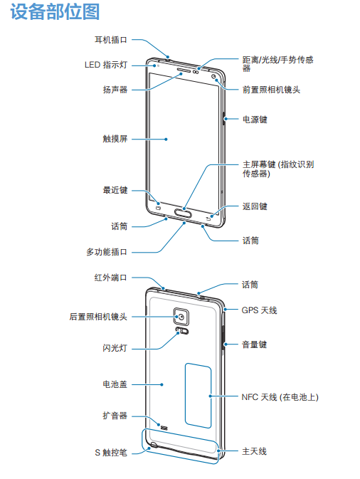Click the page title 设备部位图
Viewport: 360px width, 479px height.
55,12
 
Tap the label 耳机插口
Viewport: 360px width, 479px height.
110,40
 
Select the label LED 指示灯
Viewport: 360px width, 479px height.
105,65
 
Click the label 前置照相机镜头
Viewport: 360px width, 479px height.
271,90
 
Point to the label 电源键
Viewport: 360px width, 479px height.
255,119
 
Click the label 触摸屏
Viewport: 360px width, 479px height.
115,139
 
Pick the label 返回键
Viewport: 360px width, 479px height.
255,206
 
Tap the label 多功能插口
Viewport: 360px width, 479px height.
107,252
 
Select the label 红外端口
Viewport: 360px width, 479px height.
110,278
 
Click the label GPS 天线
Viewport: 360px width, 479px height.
259,310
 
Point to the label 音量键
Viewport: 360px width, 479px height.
255,344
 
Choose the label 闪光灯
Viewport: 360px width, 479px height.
115,347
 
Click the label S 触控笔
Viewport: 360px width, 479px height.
111,453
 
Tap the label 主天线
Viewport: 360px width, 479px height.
255,451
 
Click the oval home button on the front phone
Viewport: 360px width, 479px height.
184,213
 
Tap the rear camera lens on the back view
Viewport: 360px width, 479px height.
181,317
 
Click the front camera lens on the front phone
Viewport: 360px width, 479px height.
213,76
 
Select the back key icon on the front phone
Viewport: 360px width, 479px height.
208,219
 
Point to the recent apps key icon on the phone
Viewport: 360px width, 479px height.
158,208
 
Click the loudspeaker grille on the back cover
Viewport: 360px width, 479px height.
164,428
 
